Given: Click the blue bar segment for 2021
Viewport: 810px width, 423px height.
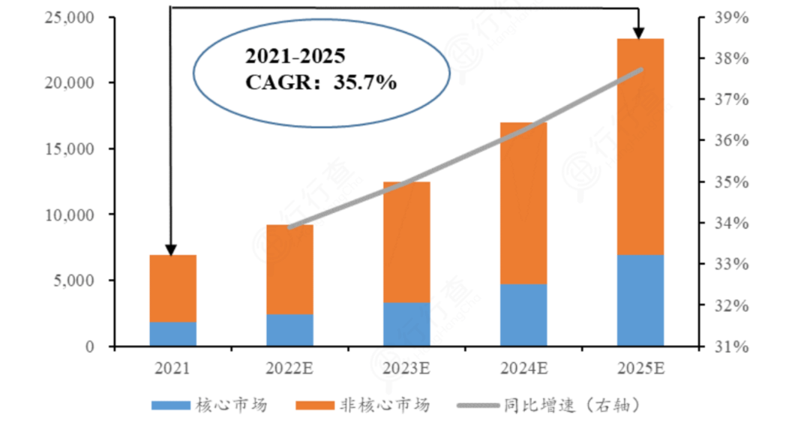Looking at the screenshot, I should (x=172, y=334).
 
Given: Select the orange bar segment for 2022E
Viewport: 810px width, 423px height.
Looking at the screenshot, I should (x=289, y=268).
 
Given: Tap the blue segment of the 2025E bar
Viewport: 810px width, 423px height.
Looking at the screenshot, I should (x=640, y=300).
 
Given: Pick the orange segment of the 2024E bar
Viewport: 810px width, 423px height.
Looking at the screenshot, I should (x=523, y=202).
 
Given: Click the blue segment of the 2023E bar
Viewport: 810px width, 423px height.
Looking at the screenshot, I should (x=406, y=324).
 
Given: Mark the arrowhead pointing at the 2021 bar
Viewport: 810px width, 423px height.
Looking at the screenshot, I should (x=170, y=249).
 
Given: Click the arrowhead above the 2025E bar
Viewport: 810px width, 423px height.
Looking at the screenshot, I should (x=638, y=33).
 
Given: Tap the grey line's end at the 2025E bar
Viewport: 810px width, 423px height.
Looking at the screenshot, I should (x=642, y=70).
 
